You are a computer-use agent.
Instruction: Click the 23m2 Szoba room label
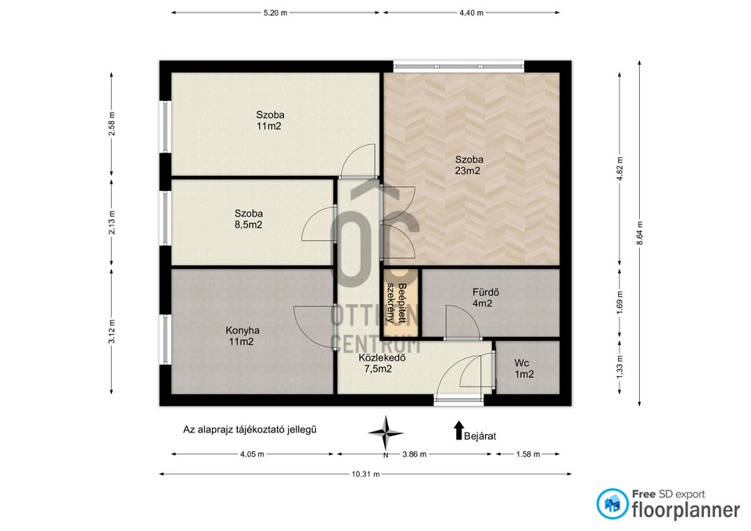(x=469, y=165)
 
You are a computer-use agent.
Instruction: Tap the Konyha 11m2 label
(x=243, y=336)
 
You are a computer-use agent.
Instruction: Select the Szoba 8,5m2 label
(x=249, y=219)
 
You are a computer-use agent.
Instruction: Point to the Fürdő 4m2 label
(x=483, y=297)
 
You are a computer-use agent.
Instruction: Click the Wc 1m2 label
(x=523, y=368)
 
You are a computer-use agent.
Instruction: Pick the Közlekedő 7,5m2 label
(x=382, y=363)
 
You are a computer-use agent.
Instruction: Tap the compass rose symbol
(x=386, y=433)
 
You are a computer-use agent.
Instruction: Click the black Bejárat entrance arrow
(x=459, y=430)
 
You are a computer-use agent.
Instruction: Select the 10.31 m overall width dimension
(x=365, y=474)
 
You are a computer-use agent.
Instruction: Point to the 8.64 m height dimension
(x=639, y=233)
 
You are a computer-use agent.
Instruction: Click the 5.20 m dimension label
(x=275, y=13)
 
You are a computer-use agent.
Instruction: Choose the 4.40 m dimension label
(x=471, y=13)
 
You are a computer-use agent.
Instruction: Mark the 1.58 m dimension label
(x=528, y=454)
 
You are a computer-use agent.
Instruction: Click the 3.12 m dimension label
(x=112, y=332)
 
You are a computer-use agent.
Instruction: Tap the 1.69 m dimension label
(x=620, y=303)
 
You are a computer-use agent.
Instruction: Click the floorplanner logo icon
(x=612, y=504)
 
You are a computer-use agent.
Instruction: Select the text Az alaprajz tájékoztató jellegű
(x=250, y=429)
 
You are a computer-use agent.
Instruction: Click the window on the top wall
(x=458, y=66)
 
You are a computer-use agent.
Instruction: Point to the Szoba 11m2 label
(x=270, y=120)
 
